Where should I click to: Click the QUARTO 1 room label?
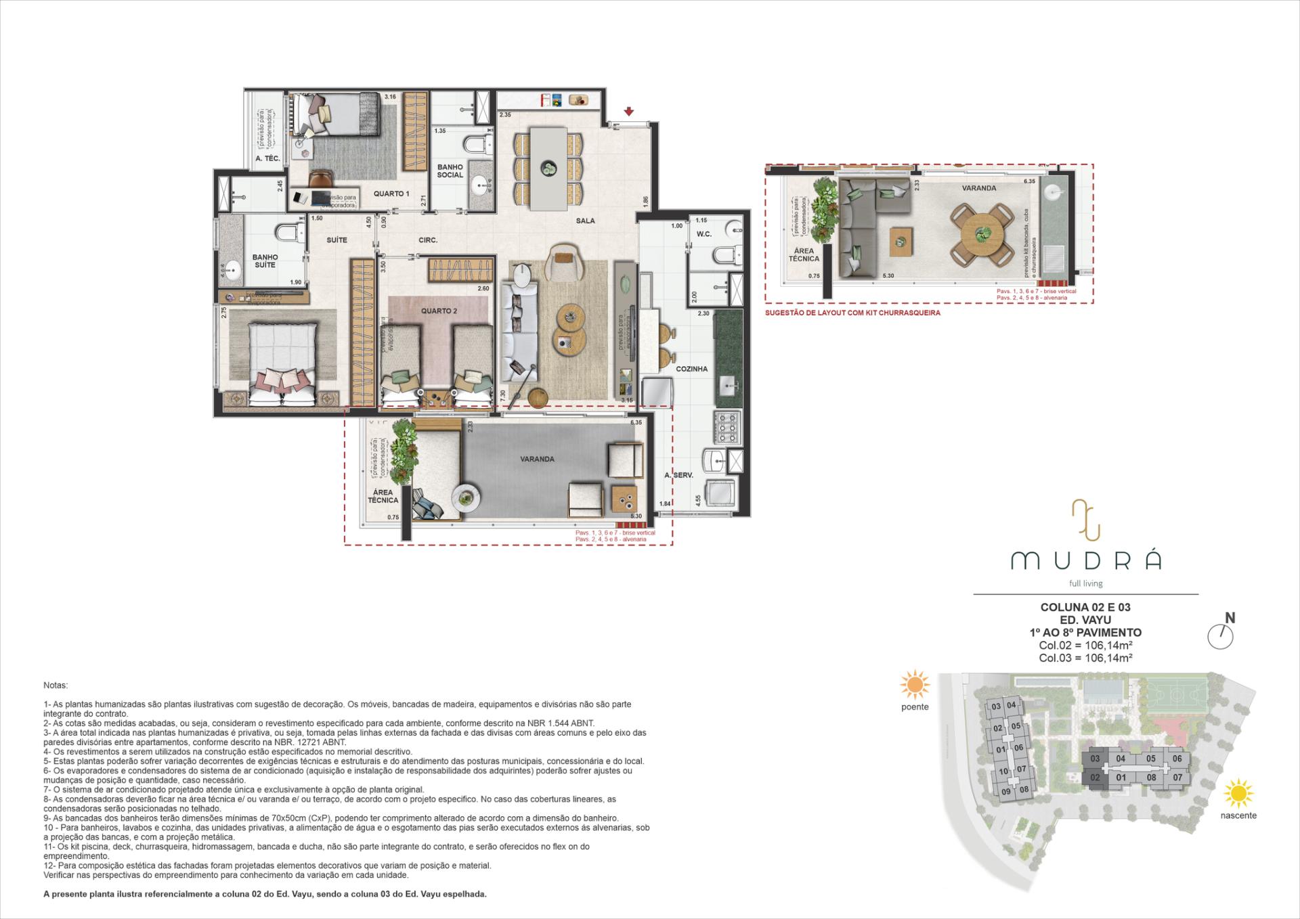(x=391, y=194)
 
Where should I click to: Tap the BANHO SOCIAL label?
(x=450, y=171)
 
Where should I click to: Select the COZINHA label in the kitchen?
(x=691, y=369)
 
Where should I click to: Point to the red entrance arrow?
(x=629, y=112)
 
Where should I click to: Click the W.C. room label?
(x=704, y=234)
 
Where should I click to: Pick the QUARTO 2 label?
(x=439, y=311)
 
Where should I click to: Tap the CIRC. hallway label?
(x=428, y=240)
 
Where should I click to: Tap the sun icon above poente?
(x=915, y=685)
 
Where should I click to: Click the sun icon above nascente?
(x=1238, y=793)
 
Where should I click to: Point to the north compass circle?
(x=1221, y=637)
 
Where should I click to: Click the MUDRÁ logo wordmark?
(x=1086, y=560)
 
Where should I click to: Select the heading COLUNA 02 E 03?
(x=1085, y=607)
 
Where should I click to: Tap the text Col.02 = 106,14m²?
(x=1085, y=645)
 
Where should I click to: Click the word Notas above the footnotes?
(x=56, y=686)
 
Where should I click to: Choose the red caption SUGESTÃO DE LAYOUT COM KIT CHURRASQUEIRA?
(x=852, y=313)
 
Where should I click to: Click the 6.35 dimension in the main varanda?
(x=635, y=422)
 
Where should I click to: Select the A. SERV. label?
(x=678, y=475)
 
